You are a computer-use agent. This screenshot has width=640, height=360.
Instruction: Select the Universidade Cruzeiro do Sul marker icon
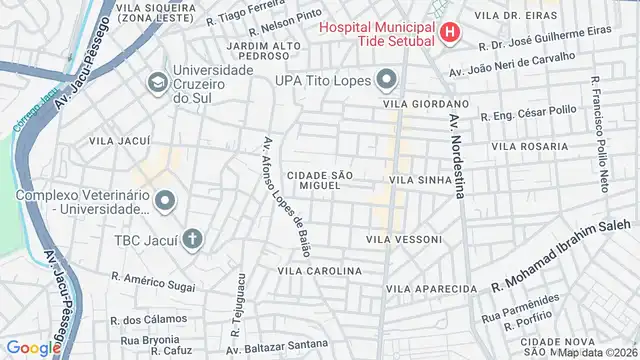(x=158, y=81)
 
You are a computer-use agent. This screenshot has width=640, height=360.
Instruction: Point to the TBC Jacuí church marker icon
(x=191, y=239)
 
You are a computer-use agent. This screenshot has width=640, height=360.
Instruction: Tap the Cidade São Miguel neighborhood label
(x=320, y=180)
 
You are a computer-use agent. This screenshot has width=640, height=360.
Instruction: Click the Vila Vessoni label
(x=403, y=239)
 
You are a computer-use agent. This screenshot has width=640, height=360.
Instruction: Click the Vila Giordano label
(x=425, y=103)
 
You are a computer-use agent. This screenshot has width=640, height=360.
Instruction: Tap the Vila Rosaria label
(x=530, y=146)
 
